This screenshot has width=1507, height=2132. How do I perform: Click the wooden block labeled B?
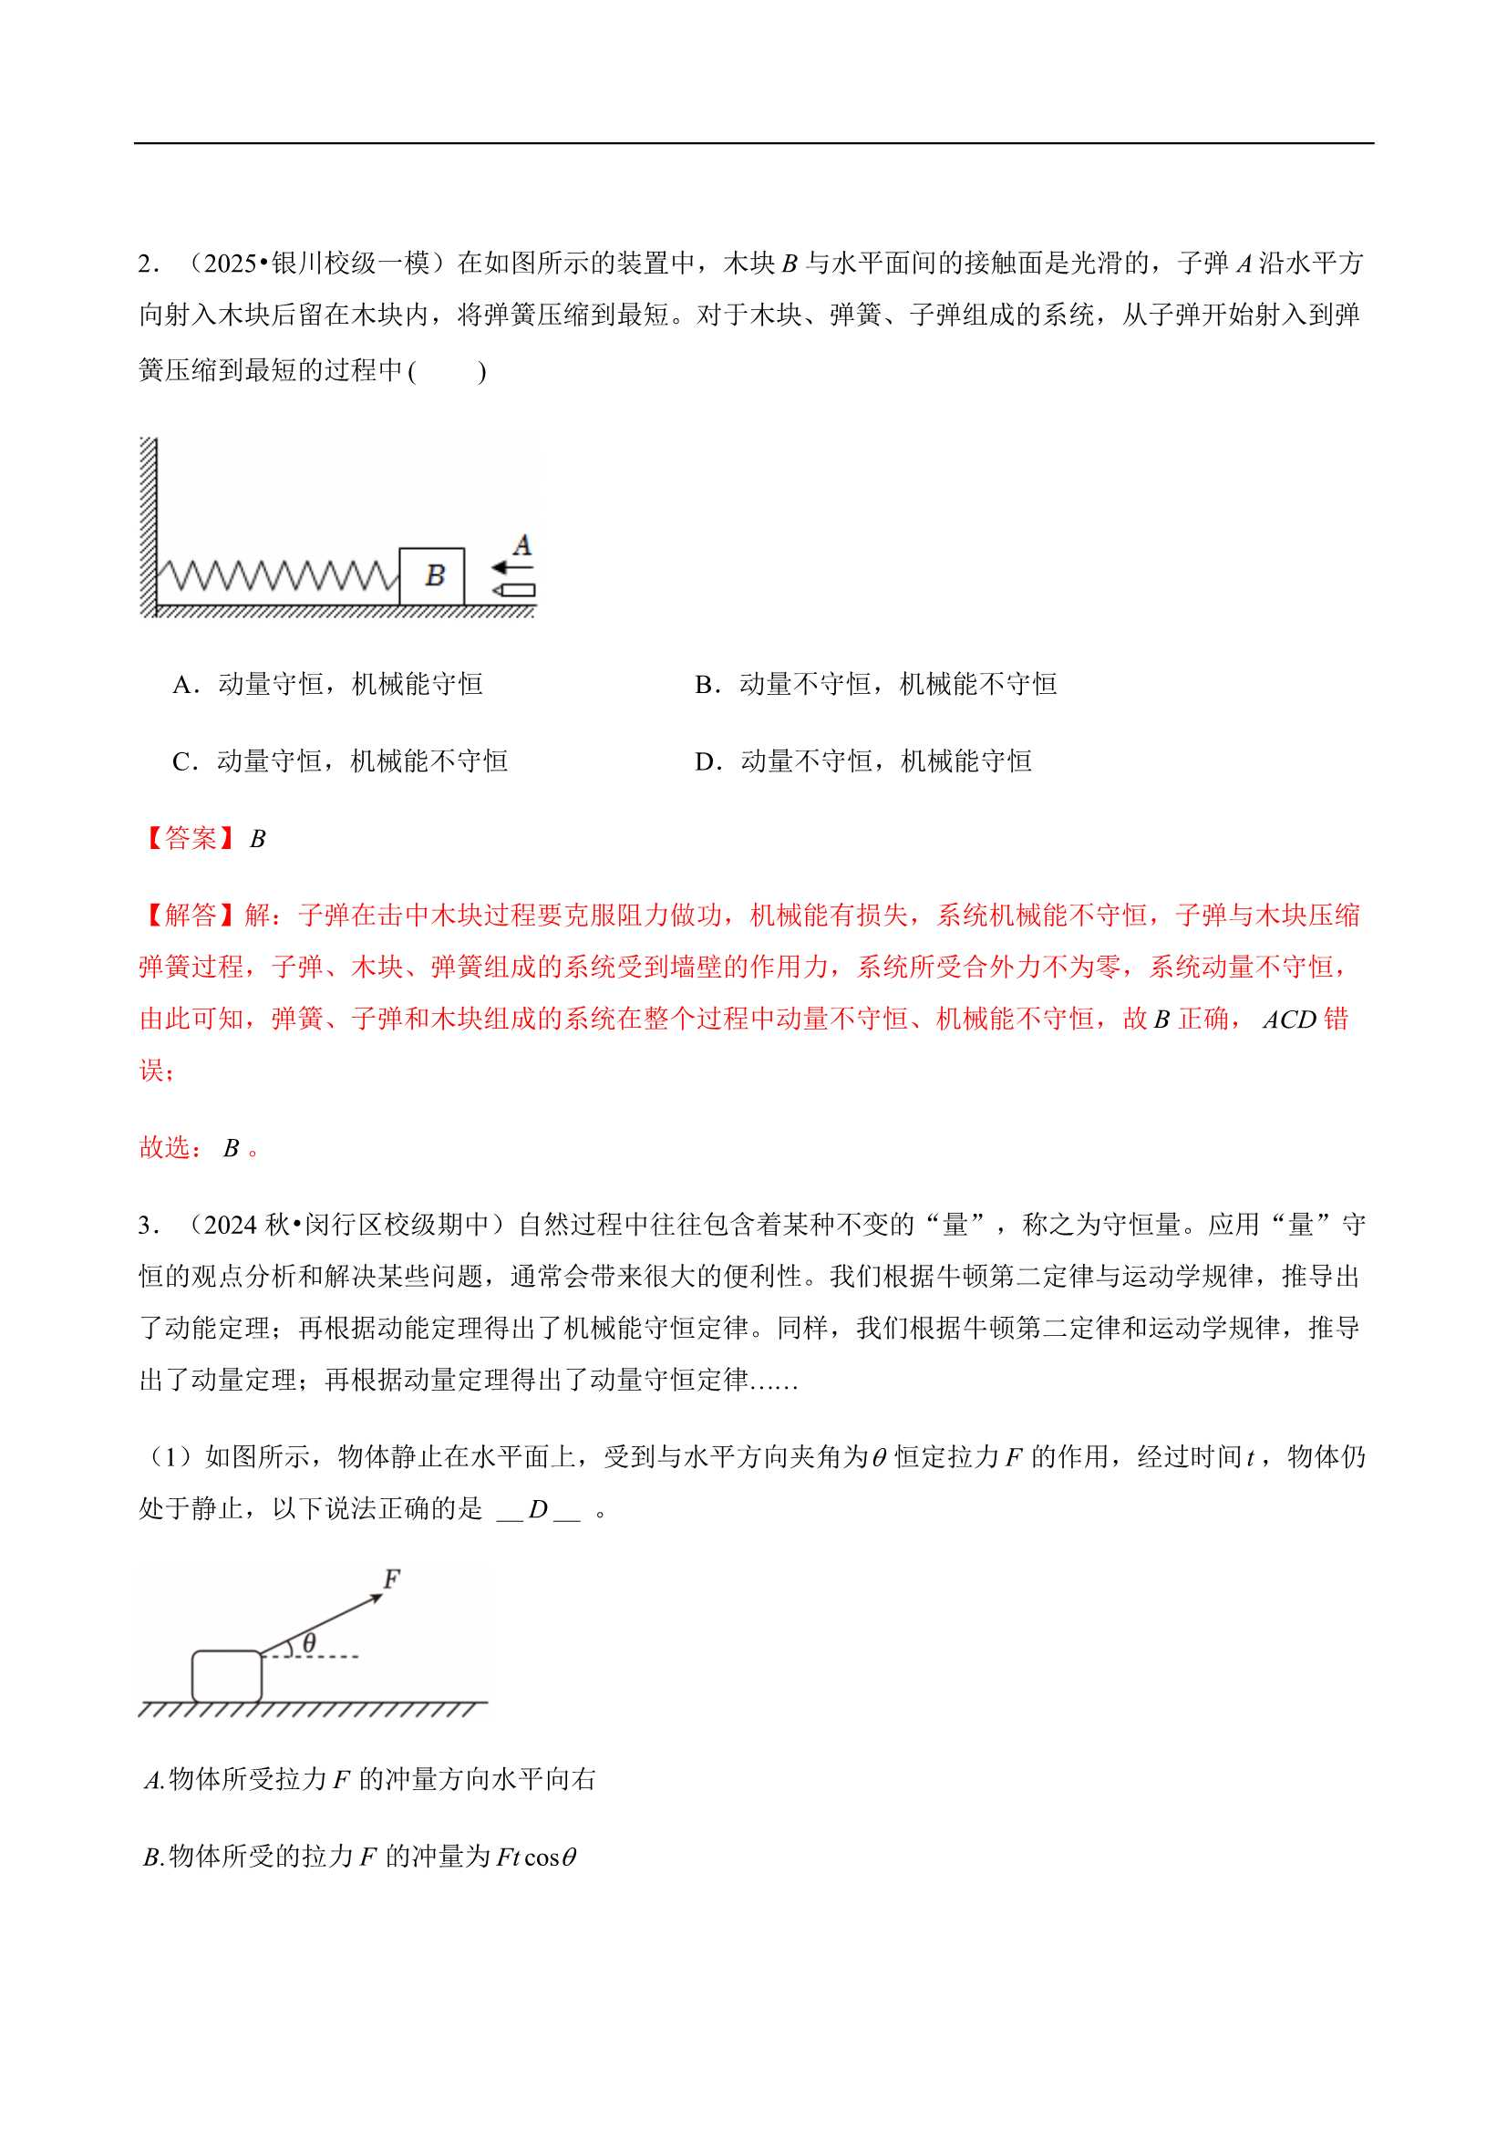[432, 575]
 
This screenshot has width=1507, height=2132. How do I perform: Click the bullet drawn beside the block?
[513, 591]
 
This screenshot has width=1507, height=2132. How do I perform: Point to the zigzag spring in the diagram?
[277, 575]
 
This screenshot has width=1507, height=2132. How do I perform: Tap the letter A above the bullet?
[521, 545]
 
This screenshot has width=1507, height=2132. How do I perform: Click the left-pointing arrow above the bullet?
[511, 567]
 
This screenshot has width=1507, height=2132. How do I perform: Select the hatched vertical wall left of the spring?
[148, 524]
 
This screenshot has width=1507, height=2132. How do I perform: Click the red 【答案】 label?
[191, 839]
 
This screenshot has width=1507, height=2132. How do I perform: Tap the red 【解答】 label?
[191, 916]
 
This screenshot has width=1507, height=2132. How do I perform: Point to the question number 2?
[146, 264]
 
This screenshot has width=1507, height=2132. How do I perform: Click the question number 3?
[146, 1226]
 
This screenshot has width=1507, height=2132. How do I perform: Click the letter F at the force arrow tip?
[392, 1578]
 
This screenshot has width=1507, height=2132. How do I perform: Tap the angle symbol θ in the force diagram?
[309, 1642]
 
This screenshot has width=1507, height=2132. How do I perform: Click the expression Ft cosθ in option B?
[536, 1858]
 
